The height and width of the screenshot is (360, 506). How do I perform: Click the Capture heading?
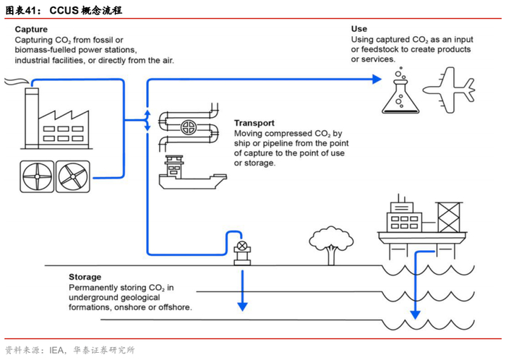(31, 30)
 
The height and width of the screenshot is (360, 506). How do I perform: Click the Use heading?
(359, 28)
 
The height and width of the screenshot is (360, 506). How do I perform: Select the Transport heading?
(254, 124)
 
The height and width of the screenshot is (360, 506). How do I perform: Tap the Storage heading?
(85, 277)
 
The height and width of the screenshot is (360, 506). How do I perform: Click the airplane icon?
(449, 90)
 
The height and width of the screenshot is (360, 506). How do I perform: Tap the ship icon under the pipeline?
(184, 174)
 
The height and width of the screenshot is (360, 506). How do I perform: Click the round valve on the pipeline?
(189, 128)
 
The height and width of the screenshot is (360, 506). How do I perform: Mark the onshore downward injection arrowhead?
(243, 306)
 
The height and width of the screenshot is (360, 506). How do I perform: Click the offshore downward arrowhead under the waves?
(415, 314)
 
